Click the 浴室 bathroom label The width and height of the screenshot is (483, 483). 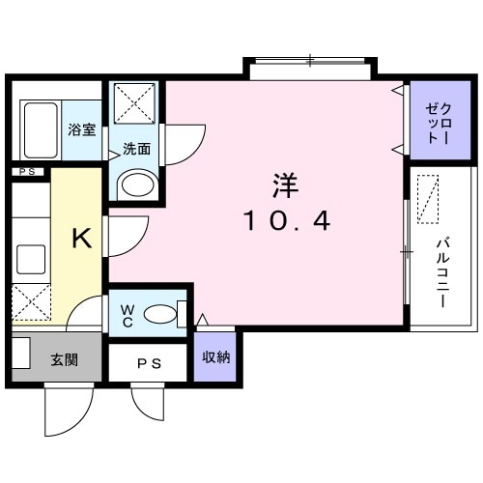82,129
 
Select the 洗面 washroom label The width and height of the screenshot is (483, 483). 136,149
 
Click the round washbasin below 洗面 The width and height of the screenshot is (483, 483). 137,184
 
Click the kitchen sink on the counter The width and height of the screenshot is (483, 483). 32,259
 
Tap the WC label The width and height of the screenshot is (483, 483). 128,316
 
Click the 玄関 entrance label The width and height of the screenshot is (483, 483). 64,360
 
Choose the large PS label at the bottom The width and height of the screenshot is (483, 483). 148,363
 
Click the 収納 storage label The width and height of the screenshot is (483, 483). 215,357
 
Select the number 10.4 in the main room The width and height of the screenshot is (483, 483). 286,221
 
